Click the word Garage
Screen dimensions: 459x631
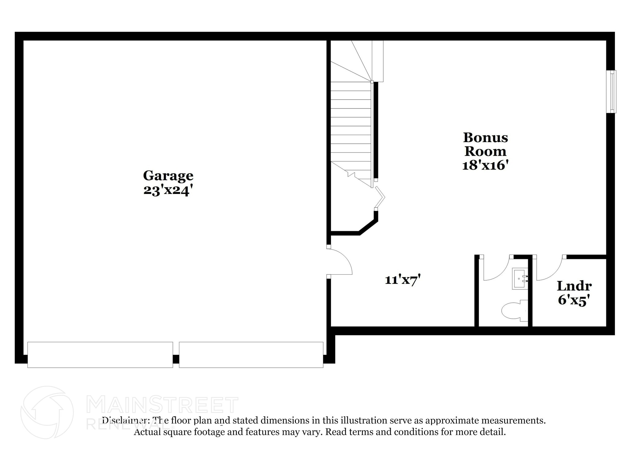click(x=168, y=176)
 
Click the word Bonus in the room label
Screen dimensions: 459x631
click(x=485, y=137)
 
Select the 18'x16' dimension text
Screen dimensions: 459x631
click(x=485, y=166)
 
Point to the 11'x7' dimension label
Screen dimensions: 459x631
click(x=403, y=280)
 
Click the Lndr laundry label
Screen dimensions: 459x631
click(x=574, y=286)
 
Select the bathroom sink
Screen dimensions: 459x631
click(x=520, y=279)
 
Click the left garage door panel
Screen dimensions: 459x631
click(x=100, y=354)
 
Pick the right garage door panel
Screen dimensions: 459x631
click(x=251, y=354)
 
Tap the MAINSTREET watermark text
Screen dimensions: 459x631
click(x=163, y=405)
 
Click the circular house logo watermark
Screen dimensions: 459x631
click(x=47, y=412)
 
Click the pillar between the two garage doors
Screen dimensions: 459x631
click(x=176, y=359)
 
